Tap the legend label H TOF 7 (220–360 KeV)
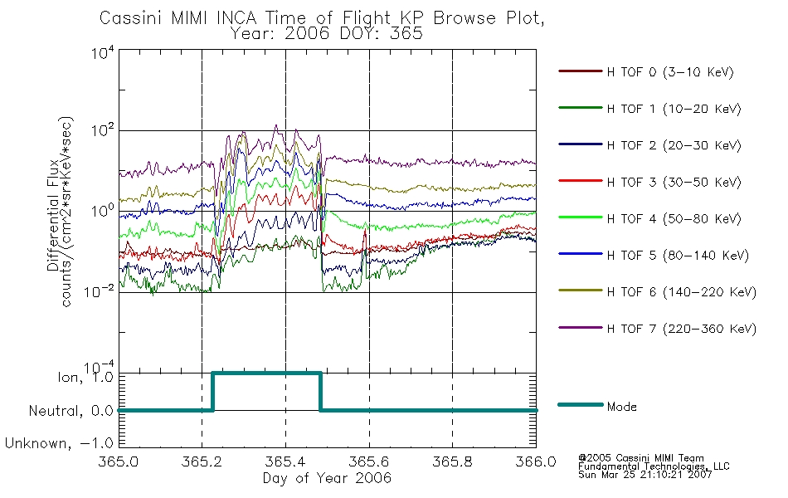[682, 329]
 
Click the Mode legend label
[621, 407]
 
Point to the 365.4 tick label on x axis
[285, 461]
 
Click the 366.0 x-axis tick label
[536, 461]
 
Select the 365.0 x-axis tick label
[118, 461]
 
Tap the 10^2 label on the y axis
[103, 131]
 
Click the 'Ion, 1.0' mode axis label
[85, 377]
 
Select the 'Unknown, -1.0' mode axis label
[59, 443]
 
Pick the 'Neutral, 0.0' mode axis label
[71, 411]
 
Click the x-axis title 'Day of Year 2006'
[327, 477]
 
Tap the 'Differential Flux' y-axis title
[53, 216]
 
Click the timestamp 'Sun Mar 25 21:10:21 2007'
[645, 474]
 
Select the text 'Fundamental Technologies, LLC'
[654, 466]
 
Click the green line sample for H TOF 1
[581, 108]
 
